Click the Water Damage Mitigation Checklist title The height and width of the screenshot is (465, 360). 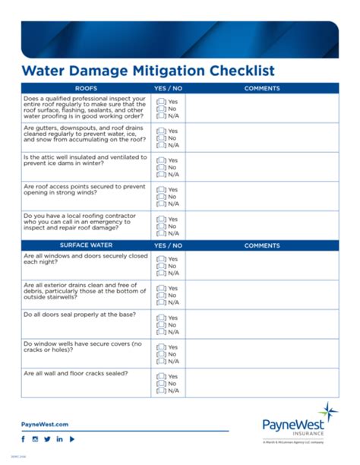tap(147, 71)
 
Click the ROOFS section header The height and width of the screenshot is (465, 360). tap(86, 88)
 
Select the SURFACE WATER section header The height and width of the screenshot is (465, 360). tap(86, 245)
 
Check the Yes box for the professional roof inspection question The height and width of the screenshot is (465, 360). tap(161, 102)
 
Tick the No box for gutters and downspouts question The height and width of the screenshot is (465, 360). tap(161, 138)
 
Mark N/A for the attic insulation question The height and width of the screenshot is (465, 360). tap(161, 174)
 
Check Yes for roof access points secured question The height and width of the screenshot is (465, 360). tap(161, 190)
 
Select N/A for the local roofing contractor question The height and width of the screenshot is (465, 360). tap(161, 232)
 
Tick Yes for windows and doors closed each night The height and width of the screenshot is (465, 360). tap(161, 259)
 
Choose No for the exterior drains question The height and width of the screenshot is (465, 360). tap(161, 295)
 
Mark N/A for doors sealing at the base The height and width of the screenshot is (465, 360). tap(161, 331)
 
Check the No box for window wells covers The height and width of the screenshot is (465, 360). tap(161, 354)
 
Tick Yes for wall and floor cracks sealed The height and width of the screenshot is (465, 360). tap(161, 377)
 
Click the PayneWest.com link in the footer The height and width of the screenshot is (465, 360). tap(45, 424)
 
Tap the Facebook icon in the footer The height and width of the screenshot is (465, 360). tap(24, 439)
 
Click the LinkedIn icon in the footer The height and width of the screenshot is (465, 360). tap(59, 439)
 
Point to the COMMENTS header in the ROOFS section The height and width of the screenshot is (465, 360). tap(262, 88)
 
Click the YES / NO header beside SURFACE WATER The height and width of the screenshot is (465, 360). tap(168, 245)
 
